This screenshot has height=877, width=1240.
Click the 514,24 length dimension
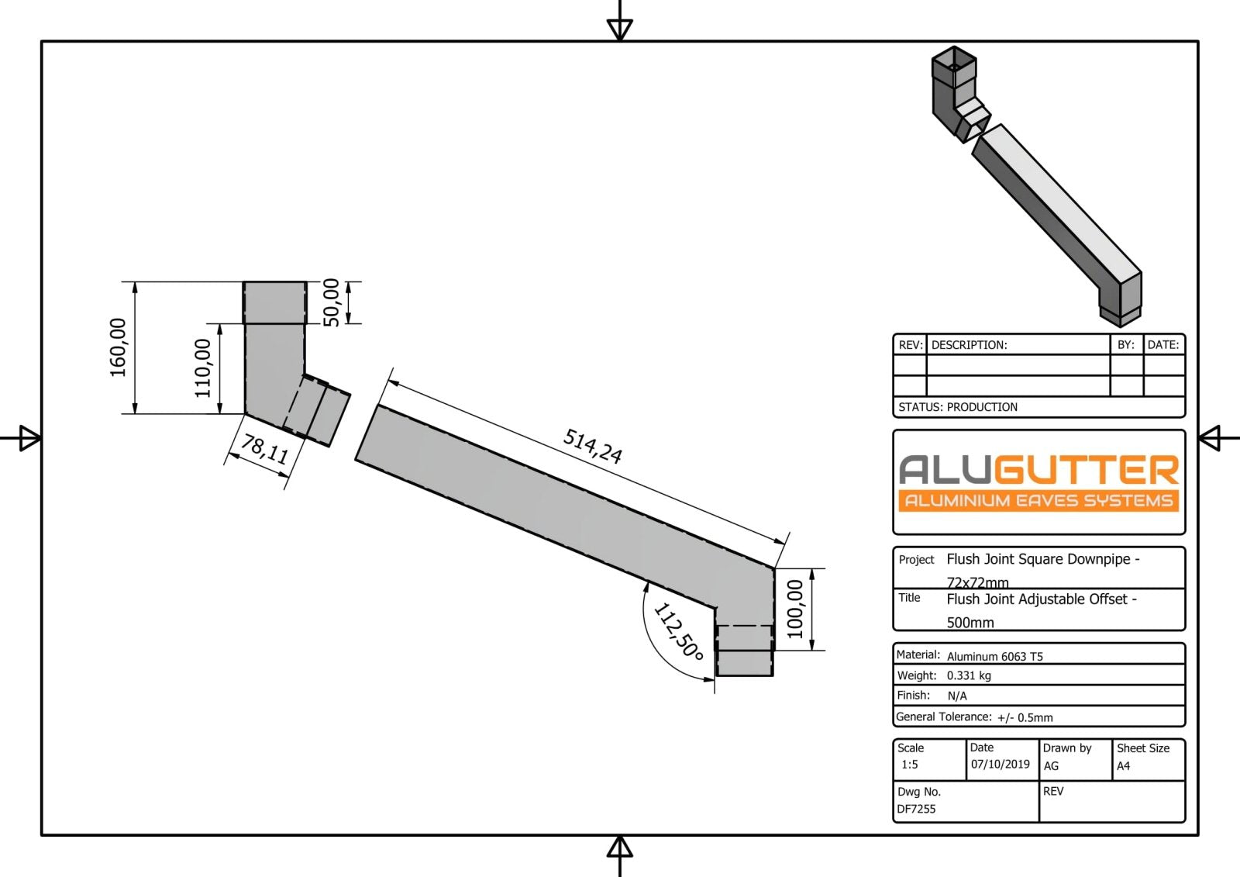point(593,446)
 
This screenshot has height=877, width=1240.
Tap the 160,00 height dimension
point(118,347)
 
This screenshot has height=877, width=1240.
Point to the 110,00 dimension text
point(203,368)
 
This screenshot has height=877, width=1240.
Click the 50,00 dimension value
point(331,302)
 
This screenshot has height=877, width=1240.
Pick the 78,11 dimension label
point(264,449)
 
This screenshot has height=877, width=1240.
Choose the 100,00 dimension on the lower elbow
point(795,609)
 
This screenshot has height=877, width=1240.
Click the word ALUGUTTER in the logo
point(1038,470)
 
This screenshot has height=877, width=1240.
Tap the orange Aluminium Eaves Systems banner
point(1038,500)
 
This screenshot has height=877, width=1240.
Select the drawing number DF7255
point(916,809)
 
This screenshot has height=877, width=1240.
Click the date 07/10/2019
point(1000,765)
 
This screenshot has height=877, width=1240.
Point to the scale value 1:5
point(909,765)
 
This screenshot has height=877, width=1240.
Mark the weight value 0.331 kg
point(969,675)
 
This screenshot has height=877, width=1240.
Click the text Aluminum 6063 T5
point(994,656)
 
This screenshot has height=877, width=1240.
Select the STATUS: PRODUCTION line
point(958,407)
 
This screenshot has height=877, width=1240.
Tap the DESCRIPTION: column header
point(969,345)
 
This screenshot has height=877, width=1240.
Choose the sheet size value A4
point(1123,766)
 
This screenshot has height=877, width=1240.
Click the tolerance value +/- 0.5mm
point(1025,717)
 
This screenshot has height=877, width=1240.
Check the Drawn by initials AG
point(1051,766)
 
